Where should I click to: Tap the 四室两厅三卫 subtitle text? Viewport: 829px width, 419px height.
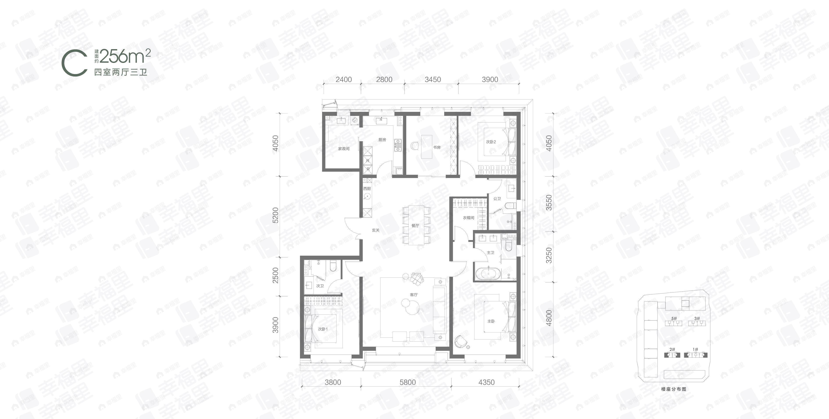pos(120,72)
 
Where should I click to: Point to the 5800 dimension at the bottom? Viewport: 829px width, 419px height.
pos(407,382)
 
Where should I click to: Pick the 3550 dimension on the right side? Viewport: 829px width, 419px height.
pos(549,203)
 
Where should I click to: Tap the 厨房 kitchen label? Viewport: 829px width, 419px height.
pos(382,140)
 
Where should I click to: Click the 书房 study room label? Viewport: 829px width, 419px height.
pos(437,147)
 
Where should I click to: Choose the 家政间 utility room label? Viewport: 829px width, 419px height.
pos(344,149)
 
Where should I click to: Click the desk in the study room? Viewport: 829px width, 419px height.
pos(427,146)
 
